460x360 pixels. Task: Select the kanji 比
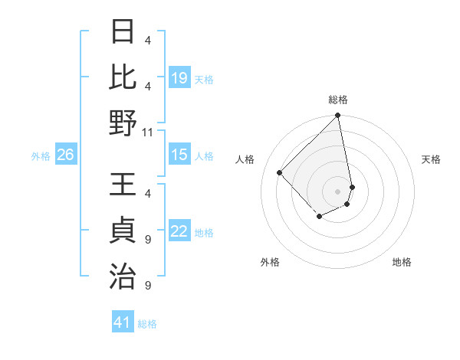point(123,77)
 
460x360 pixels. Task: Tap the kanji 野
point(123,123)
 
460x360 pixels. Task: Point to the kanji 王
point(123,186)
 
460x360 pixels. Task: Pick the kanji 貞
point(123,231)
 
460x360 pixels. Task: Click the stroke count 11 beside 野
point(148,132)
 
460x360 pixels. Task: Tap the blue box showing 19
point(179,78)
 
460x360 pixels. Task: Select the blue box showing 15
point(179,155)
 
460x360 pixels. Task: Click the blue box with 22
point(179,232)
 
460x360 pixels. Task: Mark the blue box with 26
point(65,155)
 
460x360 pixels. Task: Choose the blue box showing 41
point(123,322)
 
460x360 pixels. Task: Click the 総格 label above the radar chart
point(338,100)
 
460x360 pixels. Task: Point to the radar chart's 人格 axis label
point(246,159)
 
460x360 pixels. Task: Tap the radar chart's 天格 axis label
point(431,159)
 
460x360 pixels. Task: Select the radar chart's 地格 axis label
point(402,262)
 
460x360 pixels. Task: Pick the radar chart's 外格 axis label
point(270,262)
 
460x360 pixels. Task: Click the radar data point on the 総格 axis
point(337,116)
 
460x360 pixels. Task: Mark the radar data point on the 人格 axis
point(280,172)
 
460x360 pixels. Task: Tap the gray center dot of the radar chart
point(337,191)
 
